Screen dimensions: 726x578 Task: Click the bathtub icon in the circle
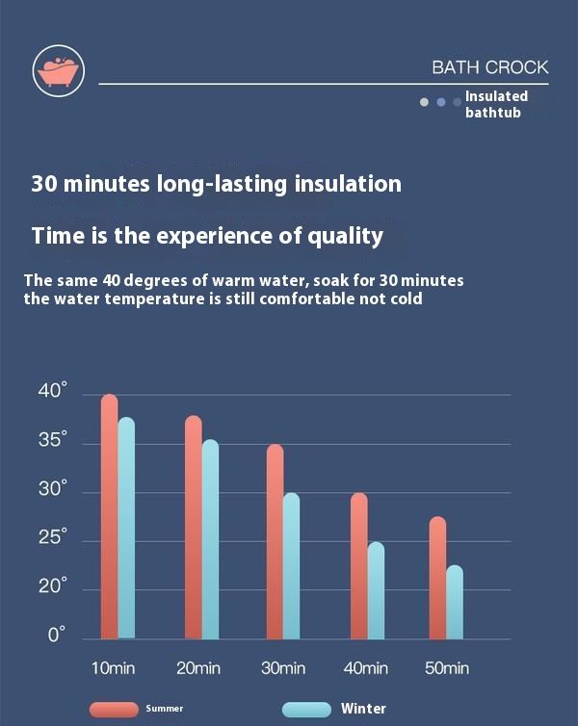click(58, 71)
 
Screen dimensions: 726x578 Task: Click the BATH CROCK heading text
click(489, 67)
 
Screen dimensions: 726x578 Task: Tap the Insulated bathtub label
click(496, 104)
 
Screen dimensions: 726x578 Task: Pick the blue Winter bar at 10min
click(126, 528)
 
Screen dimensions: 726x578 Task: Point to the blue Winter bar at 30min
click(291, 565)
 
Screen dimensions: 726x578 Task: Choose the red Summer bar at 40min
click(358, 565)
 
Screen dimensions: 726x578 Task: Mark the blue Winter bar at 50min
click(454, 601)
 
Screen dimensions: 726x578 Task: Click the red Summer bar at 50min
click(437, 577)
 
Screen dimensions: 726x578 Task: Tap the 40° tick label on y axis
click(53, 391)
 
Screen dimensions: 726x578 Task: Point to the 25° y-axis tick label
click(53, 537)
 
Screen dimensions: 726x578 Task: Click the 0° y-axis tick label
click(57, 635)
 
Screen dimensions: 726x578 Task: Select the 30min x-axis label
click(284, 668)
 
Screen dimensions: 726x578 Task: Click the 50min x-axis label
click(446, 668)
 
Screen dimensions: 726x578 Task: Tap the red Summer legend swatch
click(114, 710)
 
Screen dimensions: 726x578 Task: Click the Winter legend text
click(363, 709)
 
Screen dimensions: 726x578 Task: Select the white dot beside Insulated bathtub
click(424, 101)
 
